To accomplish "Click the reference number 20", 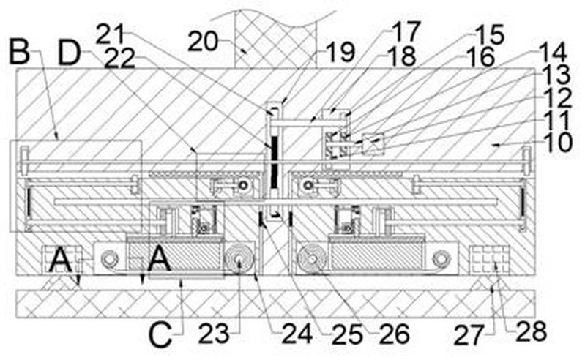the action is click(203, 42).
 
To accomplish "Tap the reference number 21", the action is click(110, 34).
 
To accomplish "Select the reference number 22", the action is click(119, 59).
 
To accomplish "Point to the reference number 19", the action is click(340, 52).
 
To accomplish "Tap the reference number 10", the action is click(558, 142).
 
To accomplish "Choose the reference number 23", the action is click(213, 333).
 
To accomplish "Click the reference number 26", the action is click(395, 334).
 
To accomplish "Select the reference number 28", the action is click(532, 331).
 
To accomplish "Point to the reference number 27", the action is click(469, 335).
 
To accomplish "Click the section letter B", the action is click(19, 52).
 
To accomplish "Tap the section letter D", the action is click(70, 53).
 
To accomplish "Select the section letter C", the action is click(160, 334).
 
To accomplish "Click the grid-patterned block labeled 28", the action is click(489, 260).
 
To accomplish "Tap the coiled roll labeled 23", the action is click(239, 259).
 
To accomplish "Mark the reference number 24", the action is click(297, 334).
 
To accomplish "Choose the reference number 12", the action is click(558, 99).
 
